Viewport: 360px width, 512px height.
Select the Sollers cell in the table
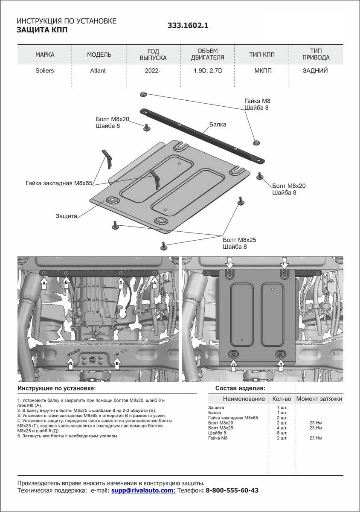45,71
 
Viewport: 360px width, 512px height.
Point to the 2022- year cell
153,71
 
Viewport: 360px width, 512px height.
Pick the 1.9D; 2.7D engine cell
208,71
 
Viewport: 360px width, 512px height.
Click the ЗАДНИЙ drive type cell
316,71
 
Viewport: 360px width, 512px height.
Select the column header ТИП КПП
262,55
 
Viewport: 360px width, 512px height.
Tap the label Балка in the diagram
218,125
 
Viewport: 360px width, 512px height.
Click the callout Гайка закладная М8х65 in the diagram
59,183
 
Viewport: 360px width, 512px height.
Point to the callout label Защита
66,216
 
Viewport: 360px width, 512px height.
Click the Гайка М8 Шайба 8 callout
257,105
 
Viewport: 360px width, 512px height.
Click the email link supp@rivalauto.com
143,491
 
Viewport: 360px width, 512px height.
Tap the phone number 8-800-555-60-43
232,491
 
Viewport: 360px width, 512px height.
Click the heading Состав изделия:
240,388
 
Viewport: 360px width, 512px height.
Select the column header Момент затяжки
319,399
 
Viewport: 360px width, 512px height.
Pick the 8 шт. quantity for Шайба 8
282,433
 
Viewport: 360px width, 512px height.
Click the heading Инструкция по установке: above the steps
57,388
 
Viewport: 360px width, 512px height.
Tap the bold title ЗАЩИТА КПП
42,30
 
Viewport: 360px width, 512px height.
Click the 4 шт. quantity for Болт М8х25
282,428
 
